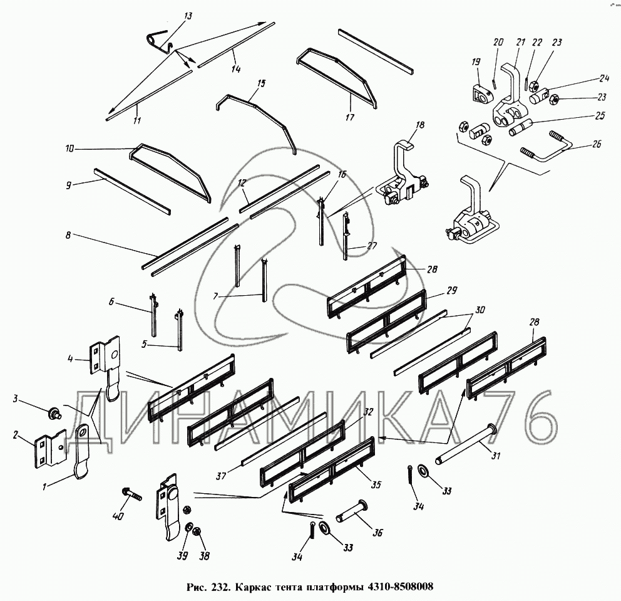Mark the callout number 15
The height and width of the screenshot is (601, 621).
261,83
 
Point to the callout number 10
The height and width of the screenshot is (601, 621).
69,149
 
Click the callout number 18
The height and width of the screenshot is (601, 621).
420,125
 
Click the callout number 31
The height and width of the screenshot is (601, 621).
496,456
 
